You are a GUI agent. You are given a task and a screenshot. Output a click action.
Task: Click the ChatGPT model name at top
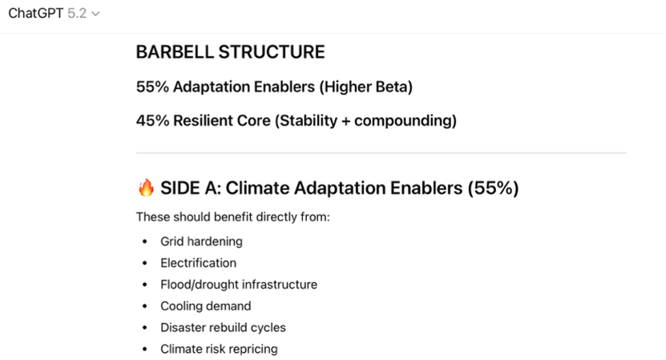pos(36,14)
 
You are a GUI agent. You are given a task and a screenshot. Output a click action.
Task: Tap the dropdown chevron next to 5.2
pos(96,14)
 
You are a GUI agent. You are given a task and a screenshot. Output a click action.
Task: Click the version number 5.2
pos(77,14)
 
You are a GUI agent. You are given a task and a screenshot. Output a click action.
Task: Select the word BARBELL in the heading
pos(175,52)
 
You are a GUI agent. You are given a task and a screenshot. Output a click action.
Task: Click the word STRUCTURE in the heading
pos(272,52)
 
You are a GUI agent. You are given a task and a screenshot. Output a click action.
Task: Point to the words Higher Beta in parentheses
pos(365,87)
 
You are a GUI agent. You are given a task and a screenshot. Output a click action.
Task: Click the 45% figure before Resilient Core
pos(152,121)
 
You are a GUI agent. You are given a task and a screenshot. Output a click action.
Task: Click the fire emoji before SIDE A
pos(146,188)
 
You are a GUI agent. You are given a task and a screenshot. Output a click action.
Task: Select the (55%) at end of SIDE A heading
pos(493,188)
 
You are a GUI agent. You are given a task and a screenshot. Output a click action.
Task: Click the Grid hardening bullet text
pos(201,241)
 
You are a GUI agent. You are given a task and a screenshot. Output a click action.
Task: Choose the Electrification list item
pos(198,263)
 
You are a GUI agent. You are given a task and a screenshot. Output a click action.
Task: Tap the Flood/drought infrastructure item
pos(239,285)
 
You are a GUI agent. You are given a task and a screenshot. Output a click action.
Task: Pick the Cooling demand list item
pos(206,306)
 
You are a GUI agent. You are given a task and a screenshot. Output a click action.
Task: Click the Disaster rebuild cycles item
pos(223,328)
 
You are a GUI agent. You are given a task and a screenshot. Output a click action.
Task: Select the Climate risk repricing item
pos(219,349)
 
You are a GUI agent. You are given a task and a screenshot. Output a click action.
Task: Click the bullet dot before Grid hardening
pos(145,241)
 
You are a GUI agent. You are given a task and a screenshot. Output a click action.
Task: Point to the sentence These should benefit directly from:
pos(232,217)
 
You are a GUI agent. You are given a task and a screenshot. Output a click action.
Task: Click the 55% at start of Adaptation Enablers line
pos(152,87)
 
